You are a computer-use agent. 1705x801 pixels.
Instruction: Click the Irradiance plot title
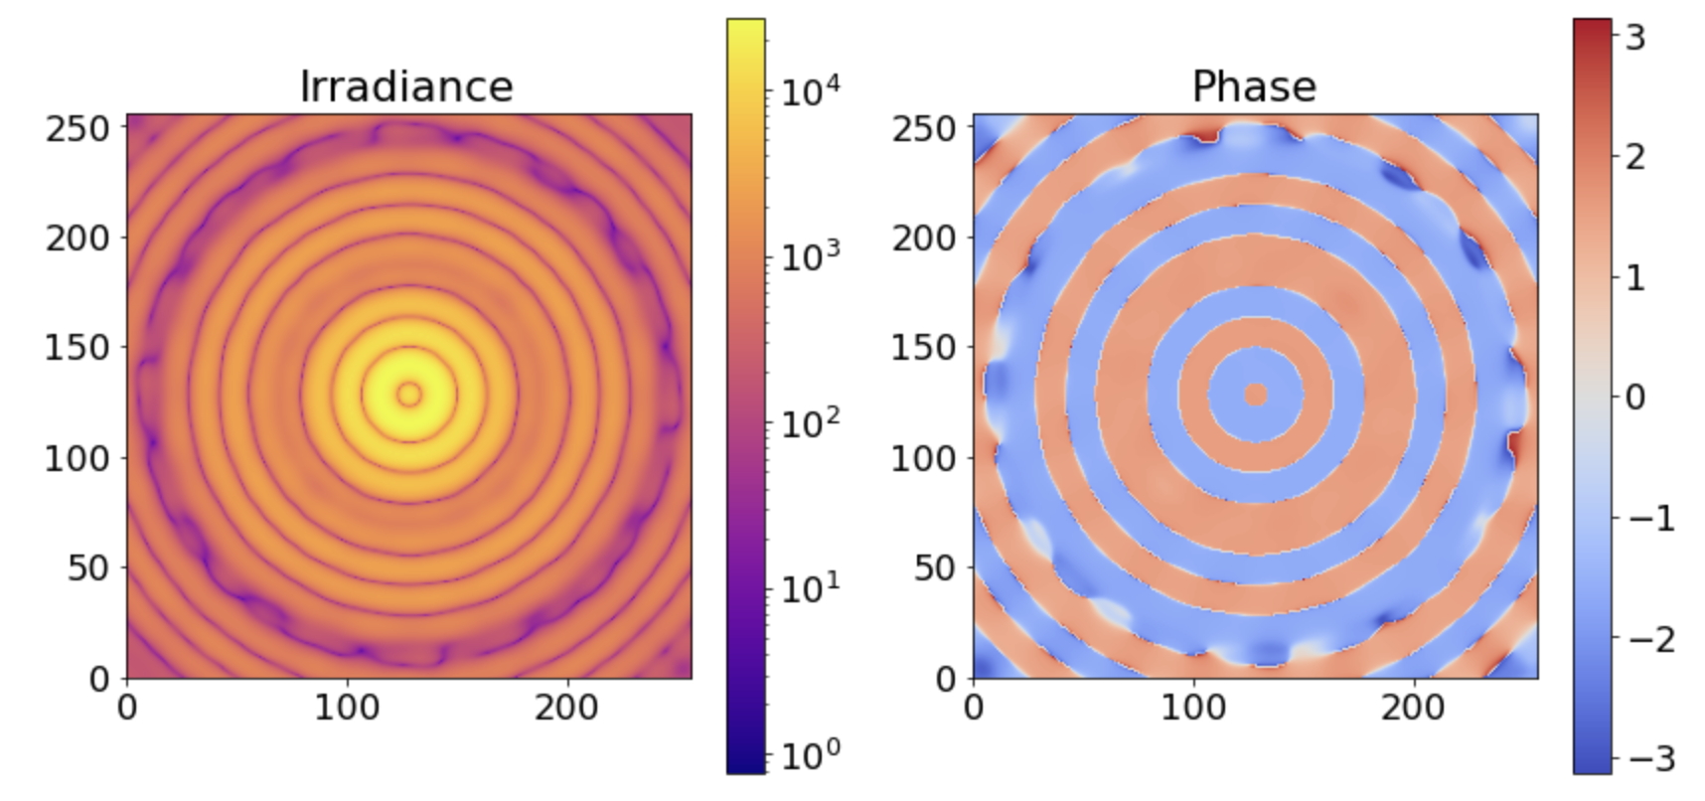[406, 86]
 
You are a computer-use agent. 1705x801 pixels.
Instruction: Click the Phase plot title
[1254, 86]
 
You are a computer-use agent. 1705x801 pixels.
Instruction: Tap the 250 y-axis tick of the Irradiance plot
[77, 128]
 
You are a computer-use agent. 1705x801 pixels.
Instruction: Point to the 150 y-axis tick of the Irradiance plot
[77, 348]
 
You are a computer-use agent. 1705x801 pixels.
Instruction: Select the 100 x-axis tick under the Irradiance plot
[347, 708]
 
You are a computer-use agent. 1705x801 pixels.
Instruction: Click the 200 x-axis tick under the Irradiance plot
[566, 708]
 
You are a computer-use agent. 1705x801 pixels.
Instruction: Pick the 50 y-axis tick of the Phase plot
[935, 567]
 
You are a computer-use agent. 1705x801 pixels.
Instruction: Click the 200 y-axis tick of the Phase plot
[923, 239]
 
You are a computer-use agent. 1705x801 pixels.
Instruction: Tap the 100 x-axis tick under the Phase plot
[1193, 708]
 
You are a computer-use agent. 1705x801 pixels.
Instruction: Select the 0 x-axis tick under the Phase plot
[974, 708]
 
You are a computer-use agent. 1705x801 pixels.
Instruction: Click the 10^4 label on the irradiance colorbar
[809, 91]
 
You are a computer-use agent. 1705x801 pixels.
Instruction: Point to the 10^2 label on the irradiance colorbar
[809, 423]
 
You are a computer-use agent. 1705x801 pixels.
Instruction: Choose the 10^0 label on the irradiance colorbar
[809, 755]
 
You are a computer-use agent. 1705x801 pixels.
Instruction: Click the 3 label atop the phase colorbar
[1634, 38]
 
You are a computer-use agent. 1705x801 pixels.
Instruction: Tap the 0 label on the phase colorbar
[1634, 398]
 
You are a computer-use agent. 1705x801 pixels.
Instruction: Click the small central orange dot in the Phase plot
[1256, 395]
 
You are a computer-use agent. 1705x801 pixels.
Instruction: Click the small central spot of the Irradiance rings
[409, 395]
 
